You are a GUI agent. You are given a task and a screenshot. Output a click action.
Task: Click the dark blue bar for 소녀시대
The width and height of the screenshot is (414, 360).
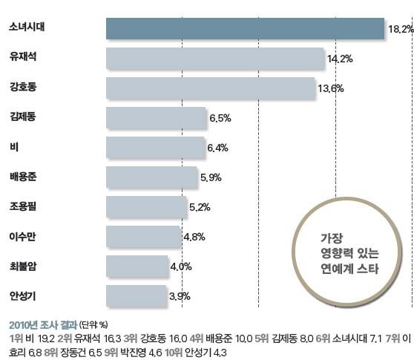[x=245, y=28]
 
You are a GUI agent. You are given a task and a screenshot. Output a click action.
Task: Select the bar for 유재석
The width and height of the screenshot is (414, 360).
[x=215, y=58]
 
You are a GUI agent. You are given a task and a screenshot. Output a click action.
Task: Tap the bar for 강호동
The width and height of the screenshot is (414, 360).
[x=210, y=88]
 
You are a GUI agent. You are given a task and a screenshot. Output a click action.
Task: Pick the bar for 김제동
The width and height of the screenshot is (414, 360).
[x=156, y=117]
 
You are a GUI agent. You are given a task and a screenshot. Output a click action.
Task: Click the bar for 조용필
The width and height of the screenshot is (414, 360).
[x=146, y=206]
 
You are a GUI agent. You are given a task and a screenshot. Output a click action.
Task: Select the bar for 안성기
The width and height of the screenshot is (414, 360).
[x=137, y=295]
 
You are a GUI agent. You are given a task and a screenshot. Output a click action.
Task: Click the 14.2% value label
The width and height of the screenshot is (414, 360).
[x=340, y=58]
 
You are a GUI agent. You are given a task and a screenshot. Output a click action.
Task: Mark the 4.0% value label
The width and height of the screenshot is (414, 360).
[x=181, y=266]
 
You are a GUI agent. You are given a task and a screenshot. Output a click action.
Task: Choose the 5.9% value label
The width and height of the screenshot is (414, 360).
[x=210, y=177]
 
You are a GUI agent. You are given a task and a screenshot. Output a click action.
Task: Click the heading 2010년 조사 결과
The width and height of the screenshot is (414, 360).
[x=43, y=324]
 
